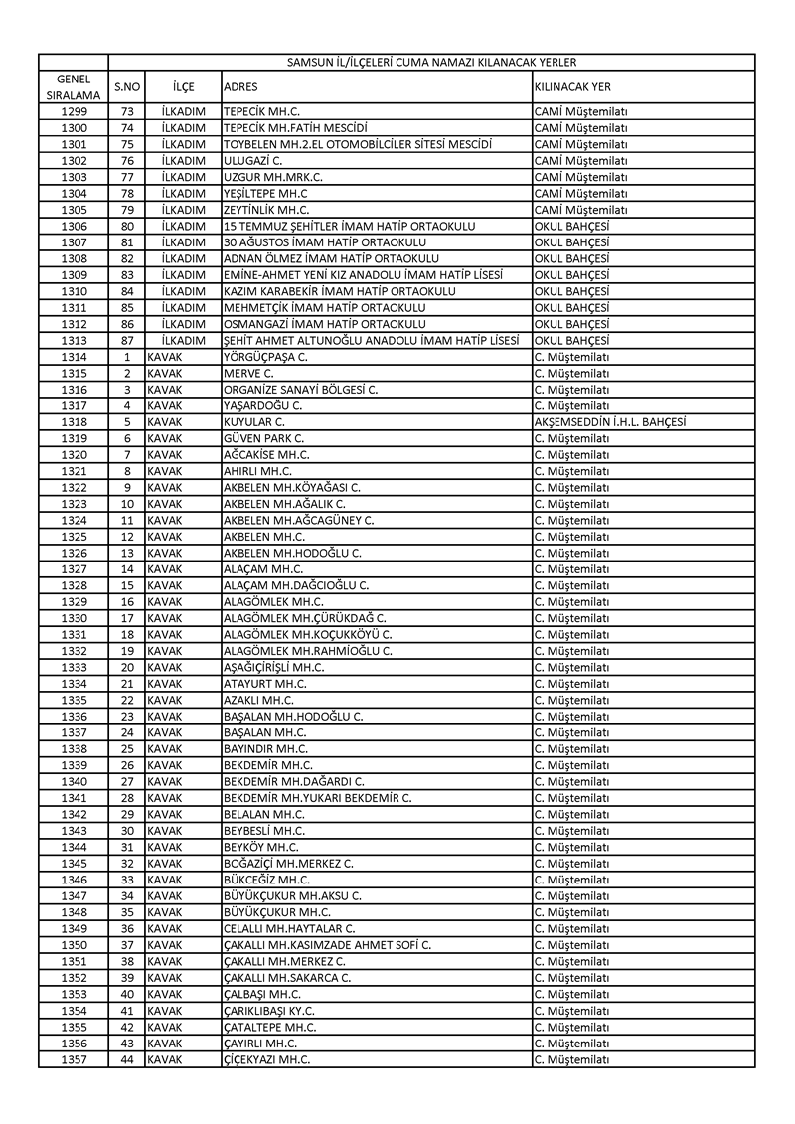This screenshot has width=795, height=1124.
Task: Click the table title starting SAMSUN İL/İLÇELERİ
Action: (x=431, y=62)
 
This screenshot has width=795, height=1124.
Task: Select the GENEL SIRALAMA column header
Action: (x=74, y=86)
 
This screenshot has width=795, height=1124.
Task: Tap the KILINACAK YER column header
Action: (x=572, y=86)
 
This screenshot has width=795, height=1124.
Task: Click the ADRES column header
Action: (x=241, y=86)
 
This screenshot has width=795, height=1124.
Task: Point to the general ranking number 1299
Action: (x=74, y=112)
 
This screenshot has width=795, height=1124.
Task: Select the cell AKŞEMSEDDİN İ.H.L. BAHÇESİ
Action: (x=609, y=422)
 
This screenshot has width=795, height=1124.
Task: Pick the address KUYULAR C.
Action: (x=255, y=422)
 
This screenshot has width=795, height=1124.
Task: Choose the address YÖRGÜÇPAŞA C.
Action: (x=265, y=357)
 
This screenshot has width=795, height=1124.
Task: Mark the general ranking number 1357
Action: (x=74, y=1060)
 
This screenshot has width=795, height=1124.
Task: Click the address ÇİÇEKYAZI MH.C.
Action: (x=267, y=1060)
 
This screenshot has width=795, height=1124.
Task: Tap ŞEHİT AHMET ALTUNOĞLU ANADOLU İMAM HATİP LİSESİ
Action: (x=372, y=341)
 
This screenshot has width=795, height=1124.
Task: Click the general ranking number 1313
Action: (x=74, y=341)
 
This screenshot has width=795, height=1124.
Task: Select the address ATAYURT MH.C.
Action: (x=265, y=684)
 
